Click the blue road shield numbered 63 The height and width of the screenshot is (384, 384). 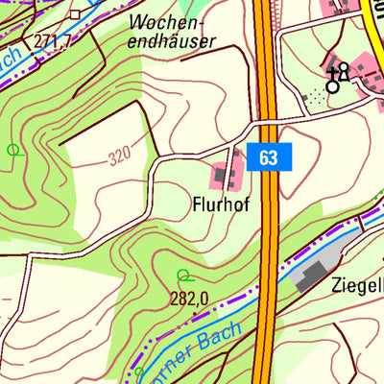[x=268, y=156]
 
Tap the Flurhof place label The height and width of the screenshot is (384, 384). [x=227, y=204]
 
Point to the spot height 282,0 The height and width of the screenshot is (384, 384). [x=189, y=299]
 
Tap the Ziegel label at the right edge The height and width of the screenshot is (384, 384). [x=356, y=284]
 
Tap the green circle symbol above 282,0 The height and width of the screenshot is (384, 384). [x=183, y=276]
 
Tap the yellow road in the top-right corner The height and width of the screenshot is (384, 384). [x=373, y=24]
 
